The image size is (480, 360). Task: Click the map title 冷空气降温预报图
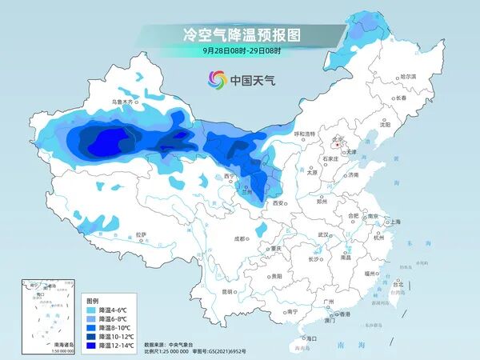pyautogui.click(x=241, y=34)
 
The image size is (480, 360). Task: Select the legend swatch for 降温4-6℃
pyautogui.click(x=91, y=310)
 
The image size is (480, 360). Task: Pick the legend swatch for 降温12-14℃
pyautogui.click(x=91, y=346)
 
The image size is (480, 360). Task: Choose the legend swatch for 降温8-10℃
pyautogui.click(x=91, y=328)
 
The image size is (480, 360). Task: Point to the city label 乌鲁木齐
pyautogui.click(x=123, y=102)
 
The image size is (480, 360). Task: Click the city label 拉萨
pyautogui.click(x=142, y=234)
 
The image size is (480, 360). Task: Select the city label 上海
pyautogui.click(x=394, y=222)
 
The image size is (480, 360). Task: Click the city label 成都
pyautogui.click(x=240, y=238)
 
